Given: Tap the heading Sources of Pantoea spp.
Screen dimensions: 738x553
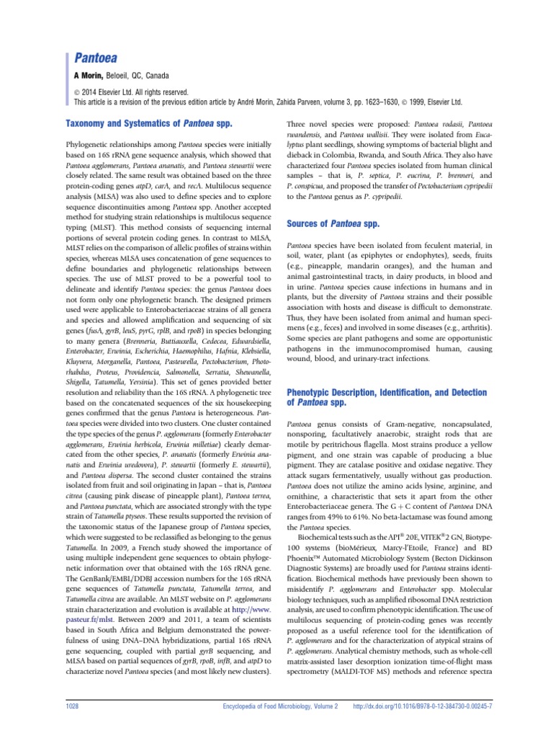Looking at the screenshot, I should pos(333,224).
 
